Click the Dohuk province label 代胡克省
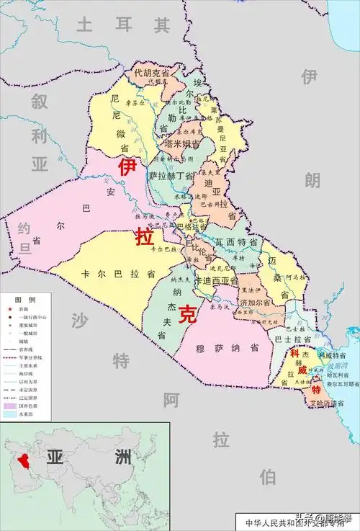pyautogui.click(x=152, y=72)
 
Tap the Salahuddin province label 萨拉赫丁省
pyautogui.click(x=171, y=176)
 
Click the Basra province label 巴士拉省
pyautogui.click(x=292, y=338)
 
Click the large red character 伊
pyautogui.click(x=127, y=167)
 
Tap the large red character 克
pyautogui.click(x=188, y=313)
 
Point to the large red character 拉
pyautogui.click(x=145, y=235)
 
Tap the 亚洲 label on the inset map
pyautogui.click(x=86, y=457)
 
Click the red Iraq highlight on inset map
pyautogui.click(x=22, y=460)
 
